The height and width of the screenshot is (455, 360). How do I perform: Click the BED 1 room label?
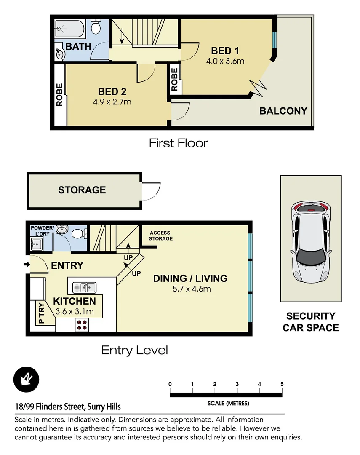[x=225, y=51]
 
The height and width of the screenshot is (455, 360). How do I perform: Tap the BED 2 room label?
[x=112, y=92]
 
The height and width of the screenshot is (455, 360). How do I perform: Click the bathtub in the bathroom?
[x=69, y=29]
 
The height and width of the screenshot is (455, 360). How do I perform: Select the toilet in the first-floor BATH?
[x=96, y=27]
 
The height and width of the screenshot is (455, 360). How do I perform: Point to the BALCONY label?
[x=283, y=111]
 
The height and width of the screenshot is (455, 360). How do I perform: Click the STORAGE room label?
[x=82, y=190]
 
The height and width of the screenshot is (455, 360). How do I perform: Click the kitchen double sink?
[x=84, y=288]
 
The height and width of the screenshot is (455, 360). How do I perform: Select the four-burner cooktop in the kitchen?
[x=82, y=325]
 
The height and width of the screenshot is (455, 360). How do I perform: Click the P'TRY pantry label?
[x=41, y=313]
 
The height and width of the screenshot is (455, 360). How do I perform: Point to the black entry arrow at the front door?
[x=27, y=264]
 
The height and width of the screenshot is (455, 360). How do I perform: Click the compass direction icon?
[x=27, y=380]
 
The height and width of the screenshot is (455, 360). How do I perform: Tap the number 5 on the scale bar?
[x=282, y=384]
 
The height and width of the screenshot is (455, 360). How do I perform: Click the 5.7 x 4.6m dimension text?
[x=192, y=289]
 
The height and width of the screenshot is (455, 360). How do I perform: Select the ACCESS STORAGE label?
[x=160, y=236]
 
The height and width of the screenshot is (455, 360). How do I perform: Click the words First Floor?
[x=179, y=143]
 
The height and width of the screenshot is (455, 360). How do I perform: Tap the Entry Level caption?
[x=135, y=351]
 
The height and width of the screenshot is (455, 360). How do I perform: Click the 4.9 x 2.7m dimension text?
[x=112, y=102]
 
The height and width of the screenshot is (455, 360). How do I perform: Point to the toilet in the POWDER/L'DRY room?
[x=79, y=233]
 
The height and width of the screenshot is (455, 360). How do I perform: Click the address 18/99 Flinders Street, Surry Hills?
[x=68, y=407]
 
